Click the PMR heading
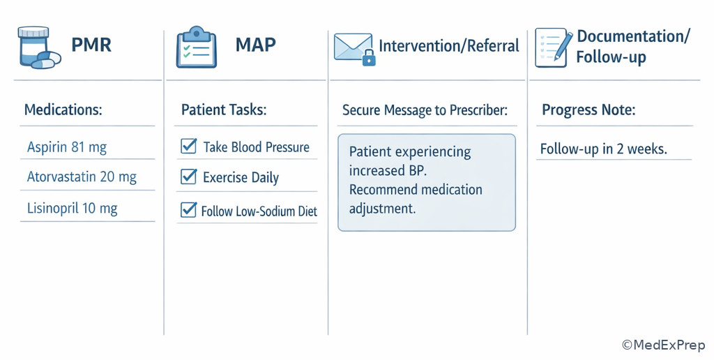(91, 47)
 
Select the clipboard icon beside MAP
(196, 47)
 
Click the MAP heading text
(255, 45)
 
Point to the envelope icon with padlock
(354, 48)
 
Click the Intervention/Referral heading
(449, 46)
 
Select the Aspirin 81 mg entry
(67, 147)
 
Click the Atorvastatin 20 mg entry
(82, 177)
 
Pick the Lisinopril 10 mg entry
(73, 208)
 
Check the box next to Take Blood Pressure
(188, 147)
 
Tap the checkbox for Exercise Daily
(188, 177)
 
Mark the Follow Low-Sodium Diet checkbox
(188, 210)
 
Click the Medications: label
(63, 110)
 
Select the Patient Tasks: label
(224, 110)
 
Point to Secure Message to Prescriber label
(425, 110)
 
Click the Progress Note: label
(588, 110)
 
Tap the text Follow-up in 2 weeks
(604, 149)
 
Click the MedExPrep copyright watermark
(663, 345)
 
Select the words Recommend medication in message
(416, 190)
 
